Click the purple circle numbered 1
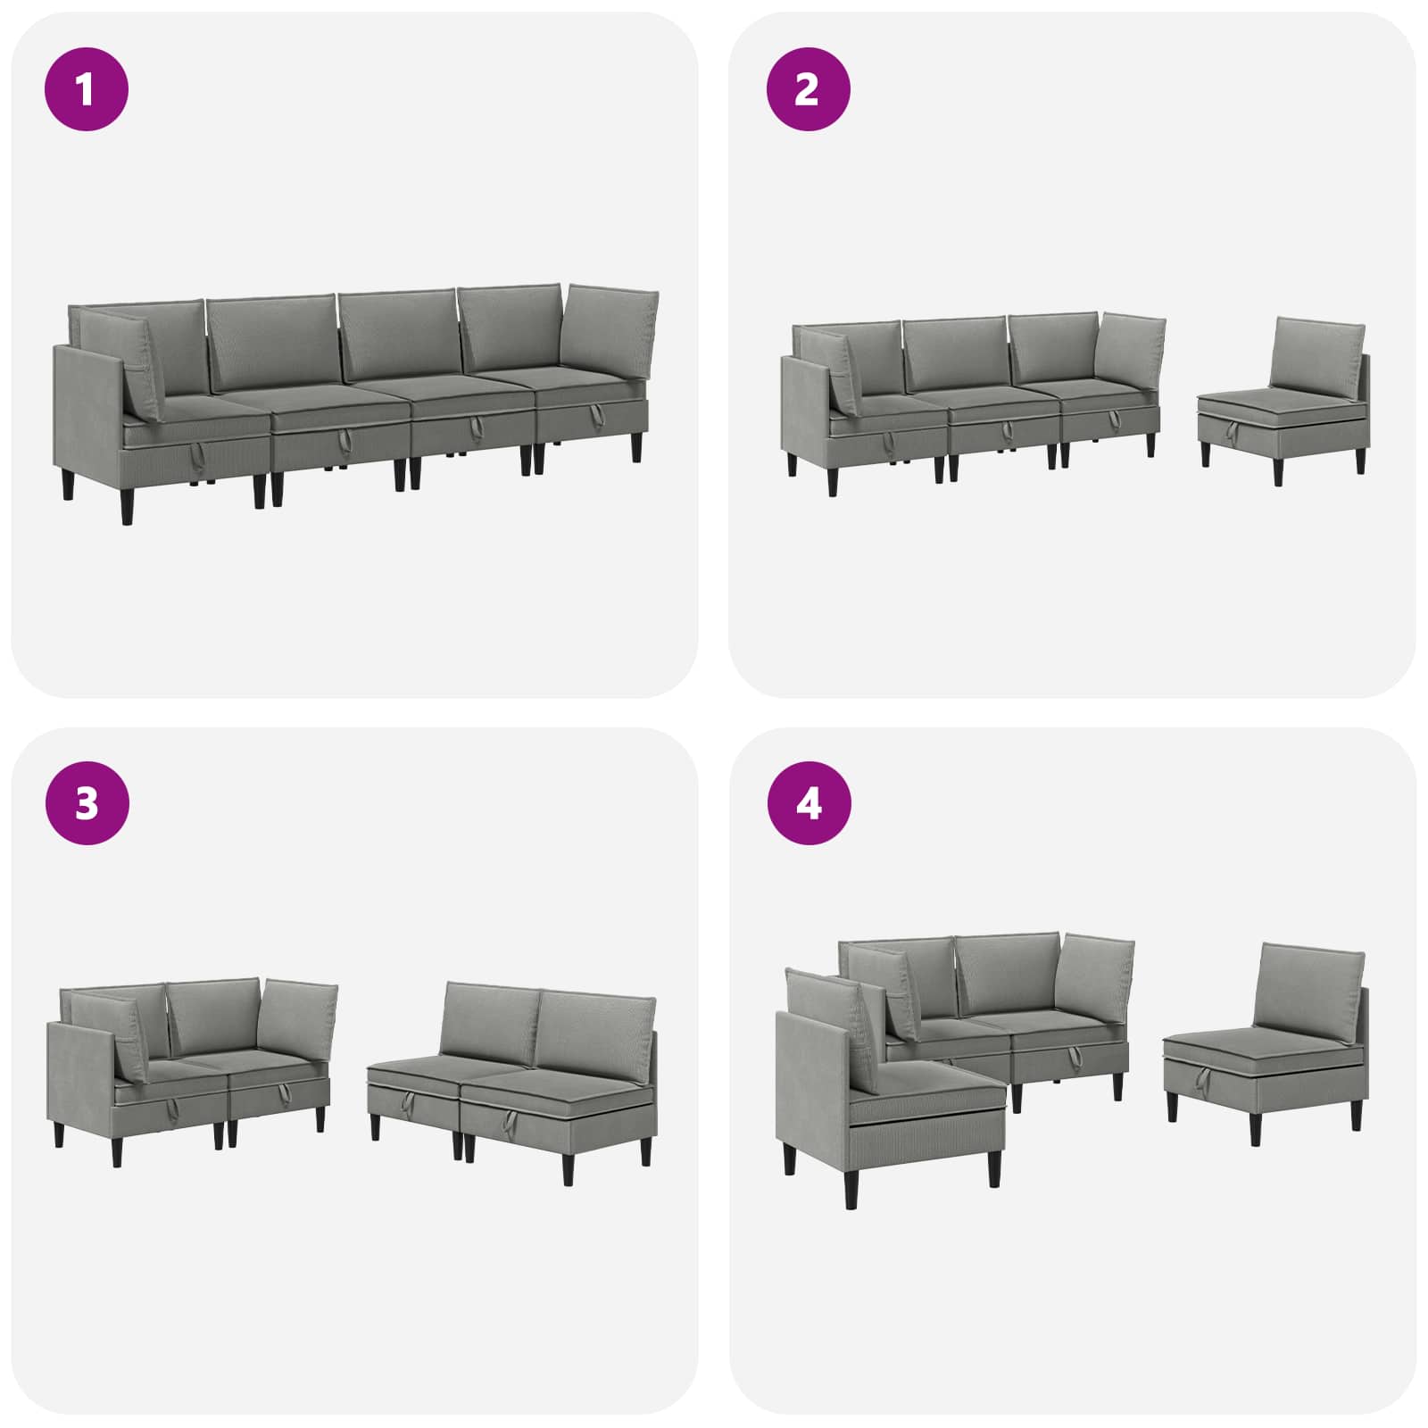87,89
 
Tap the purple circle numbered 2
808,89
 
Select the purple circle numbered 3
87,803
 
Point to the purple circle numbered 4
809,803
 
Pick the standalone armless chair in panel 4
1266,1043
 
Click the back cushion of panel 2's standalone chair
1317,353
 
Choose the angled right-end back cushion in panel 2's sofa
1132,350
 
